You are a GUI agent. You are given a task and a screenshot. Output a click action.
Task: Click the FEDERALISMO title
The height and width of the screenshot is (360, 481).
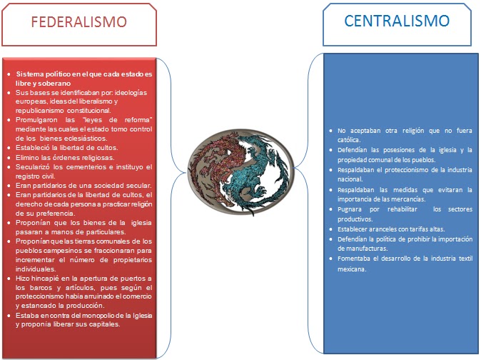(79, 21)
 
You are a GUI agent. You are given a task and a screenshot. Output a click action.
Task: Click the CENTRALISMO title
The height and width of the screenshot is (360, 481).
(397, 21)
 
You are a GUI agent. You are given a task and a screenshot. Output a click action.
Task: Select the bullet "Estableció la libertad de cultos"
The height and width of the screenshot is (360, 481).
(66, 148)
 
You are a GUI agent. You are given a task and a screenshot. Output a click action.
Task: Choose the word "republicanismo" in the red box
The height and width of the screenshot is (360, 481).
(41, 111)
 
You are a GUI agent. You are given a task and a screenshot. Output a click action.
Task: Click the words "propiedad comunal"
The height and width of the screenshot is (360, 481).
(368, 159)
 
